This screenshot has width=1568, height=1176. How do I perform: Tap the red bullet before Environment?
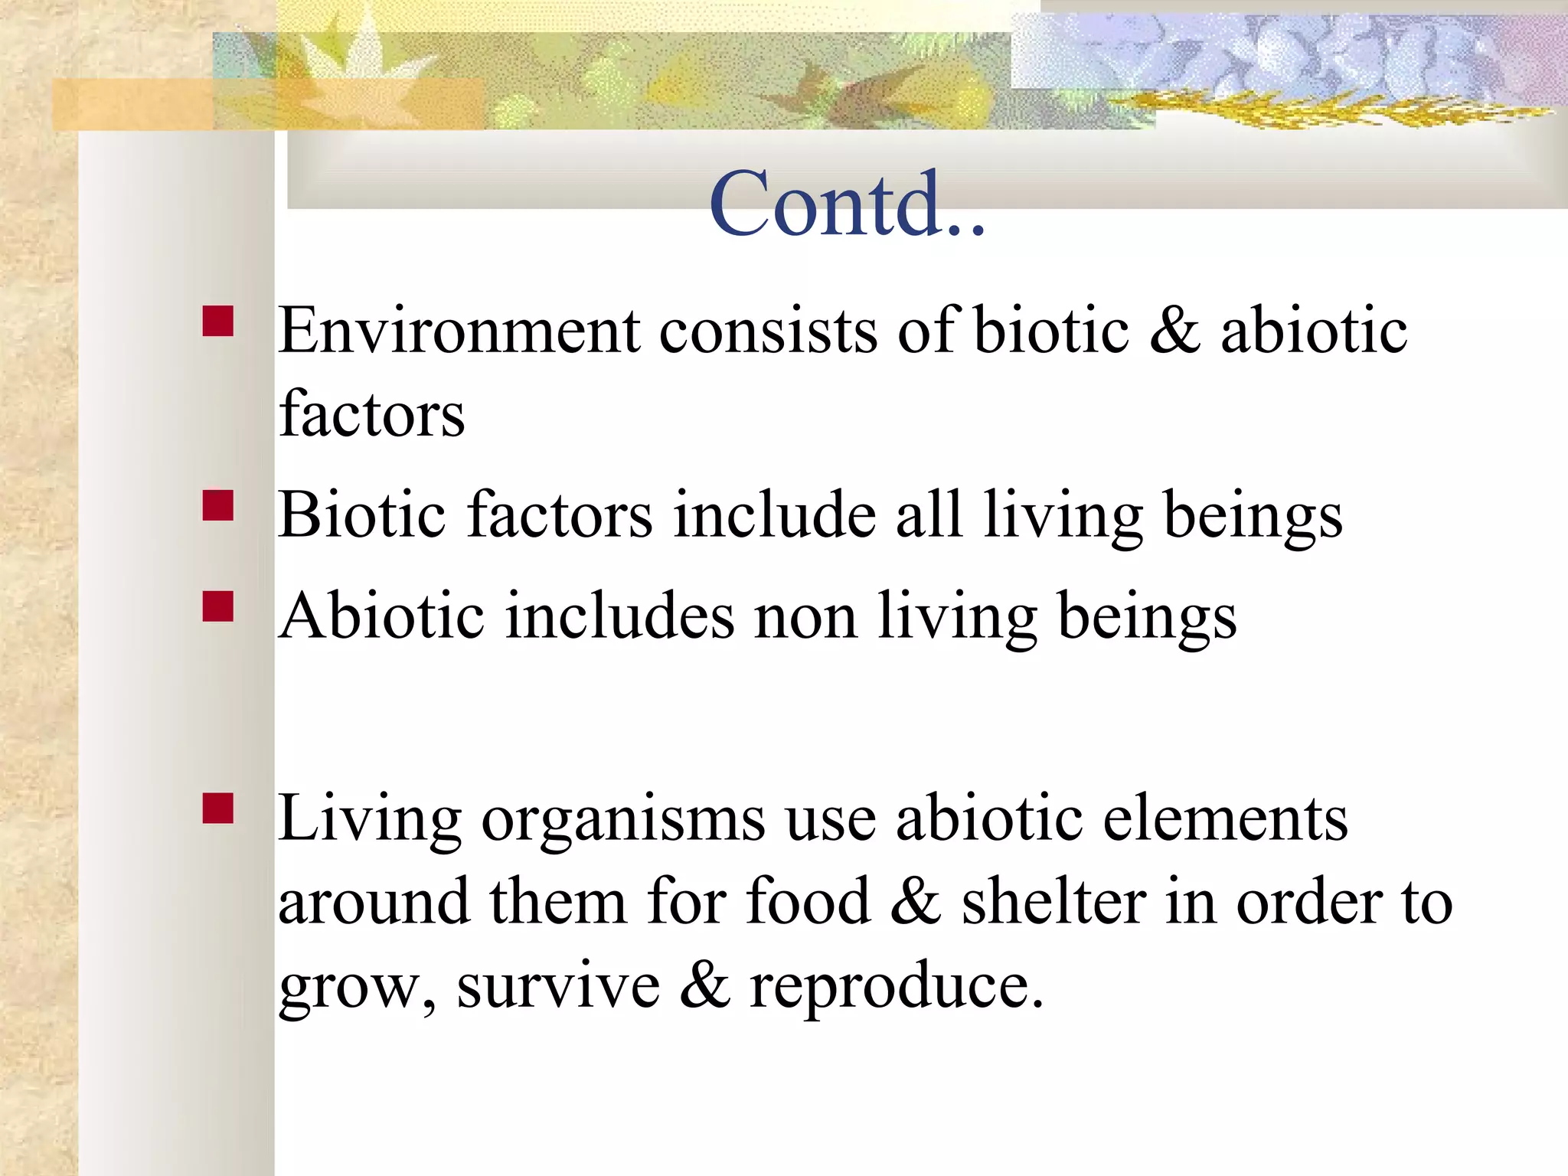(218, 322)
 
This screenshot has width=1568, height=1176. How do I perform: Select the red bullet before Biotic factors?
(218, 506)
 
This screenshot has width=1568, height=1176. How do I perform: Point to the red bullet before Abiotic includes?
(218, 606)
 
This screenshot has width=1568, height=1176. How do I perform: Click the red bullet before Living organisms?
(218, 808)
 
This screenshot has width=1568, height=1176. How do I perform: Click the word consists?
(768, 331)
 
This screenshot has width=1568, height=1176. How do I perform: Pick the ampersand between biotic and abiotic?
(1174, 331)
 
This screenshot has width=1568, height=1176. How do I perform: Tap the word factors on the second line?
(372, 414)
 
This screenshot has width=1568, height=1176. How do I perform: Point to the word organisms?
(622, 819)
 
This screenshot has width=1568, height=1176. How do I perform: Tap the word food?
(808, 902)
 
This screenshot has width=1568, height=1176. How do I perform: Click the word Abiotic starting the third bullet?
(381, 616)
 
